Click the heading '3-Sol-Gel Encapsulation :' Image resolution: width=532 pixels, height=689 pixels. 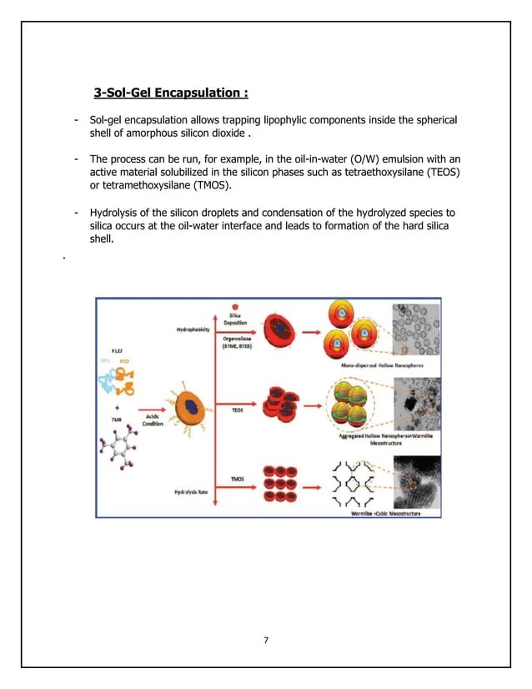pos(171,91)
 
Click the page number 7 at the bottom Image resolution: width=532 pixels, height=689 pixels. pos(265,640)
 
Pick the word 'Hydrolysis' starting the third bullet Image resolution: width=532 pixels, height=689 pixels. pos(117,212)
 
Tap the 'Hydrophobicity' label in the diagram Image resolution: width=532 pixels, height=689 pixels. pos(193,331)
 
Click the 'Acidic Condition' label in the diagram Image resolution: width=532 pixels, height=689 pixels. pos(153,421)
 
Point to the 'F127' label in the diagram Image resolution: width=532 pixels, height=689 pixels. pos(118,353)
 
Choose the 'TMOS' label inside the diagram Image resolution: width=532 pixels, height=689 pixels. pos(238,478)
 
